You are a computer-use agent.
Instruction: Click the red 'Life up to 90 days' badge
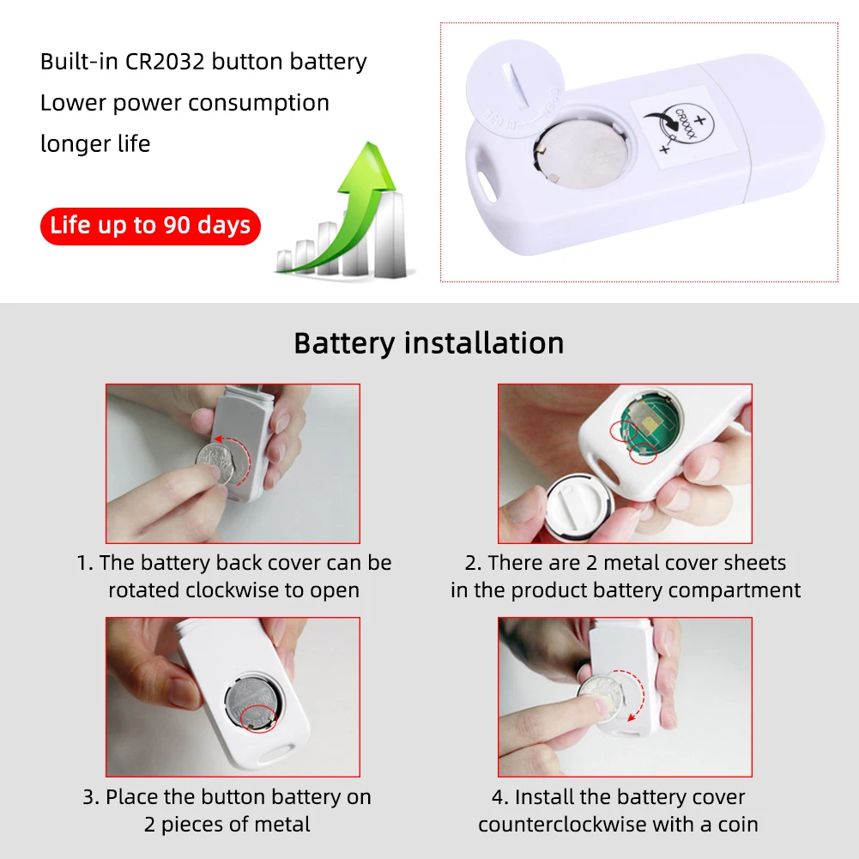pos(150,226)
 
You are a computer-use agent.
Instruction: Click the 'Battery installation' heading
pos(429,342)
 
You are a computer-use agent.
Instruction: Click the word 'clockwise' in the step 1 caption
pos(229,590)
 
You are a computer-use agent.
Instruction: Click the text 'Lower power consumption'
pos(185,103)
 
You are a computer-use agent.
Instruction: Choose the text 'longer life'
pos(95,143)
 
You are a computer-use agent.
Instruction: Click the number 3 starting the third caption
pos(88,797)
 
